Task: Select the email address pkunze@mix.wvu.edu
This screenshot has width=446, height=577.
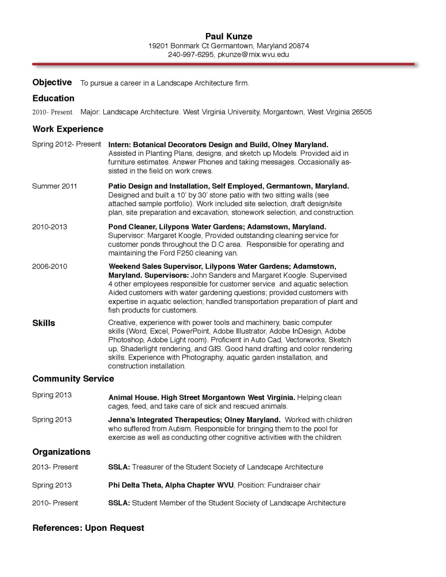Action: tap(253, 55)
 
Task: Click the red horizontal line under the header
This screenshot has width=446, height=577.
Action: tap(223, 63)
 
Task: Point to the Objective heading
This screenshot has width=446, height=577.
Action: tap(52, 82)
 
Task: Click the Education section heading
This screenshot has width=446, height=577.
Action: tap(53, 98)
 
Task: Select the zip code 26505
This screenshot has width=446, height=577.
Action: tap(361, 112)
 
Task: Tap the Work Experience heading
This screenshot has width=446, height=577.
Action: tap(68, 129)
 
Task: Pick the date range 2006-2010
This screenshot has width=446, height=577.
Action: tap(50, 266)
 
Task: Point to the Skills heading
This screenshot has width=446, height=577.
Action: tap(44, 323)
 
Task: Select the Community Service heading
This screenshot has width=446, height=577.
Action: tap(73, 378)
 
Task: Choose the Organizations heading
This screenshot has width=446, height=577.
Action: tap(62, 452)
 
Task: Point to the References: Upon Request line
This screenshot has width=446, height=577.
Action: tap(88, 527)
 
